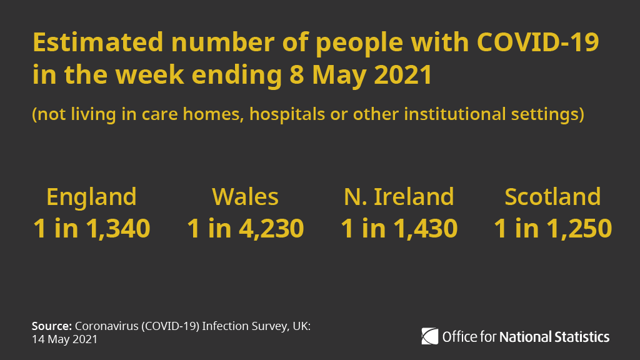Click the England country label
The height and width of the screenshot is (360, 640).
click(91, 197)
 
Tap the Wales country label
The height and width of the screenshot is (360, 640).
click(245, 197)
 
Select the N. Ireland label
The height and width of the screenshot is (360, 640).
click(399, 197)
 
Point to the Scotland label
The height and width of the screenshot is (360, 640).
click(552, 197)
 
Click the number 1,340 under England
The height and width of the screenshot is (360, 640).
click(118, 229)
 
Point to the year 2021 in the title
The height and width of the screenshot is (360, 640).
click(402, 76)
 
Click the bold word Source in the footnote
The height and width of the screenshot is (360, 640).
click(51, 326)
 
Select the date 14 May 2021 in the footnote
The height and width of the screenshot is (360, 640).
click(64, 339)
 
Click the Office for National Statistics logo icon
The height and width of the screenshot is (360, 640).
click(430, 336)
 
